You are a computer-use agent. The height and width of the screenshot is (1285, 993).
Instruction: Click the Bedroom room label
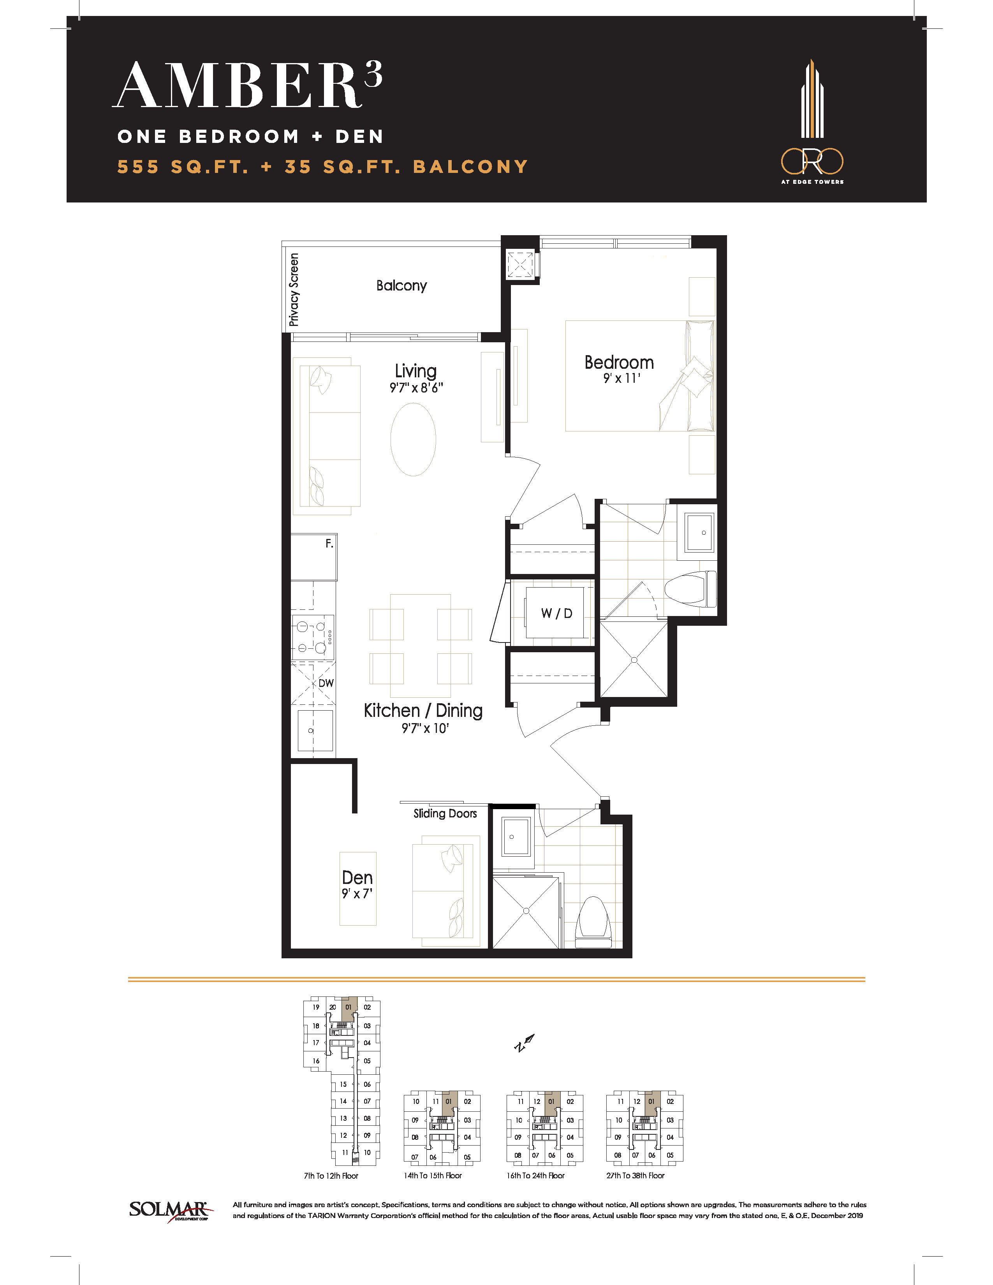tap(619, 363)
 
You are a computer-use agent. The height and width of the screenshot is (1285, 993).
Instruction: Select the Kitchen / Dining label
tap(423, 711)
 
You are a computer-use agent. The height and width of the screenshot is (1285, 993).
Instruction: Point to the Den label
tap(357, 878)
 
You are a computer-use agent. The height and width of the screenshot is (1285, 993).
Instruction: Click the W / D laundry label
tap(556, 614)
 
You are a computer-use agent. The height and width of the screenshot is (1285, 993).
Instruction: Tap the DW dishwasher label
tap(326, 683)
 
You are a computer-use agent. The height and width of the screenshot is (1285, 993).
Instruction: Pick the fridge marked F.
tap(314, 556)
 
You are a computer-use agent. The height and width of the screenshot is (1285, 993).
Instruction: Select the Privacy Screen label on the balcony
tap(294, 289)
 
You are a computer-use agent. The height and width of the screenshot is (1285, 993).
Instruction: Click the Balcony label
tap(402, 286)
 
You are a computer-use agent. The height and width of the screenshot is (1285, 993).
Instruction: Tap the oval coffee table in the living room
tap(414, 440)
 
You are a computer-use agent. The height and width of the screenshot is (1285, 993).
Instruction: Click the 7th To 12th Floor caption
tap(331, 1176)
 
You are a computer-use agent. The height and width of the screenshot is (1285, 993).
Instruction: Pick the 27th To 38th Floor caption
tap(636, 1176)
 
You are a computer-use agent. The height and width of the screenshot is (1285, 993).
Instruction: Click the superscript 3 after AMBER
tap(373, 74)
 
